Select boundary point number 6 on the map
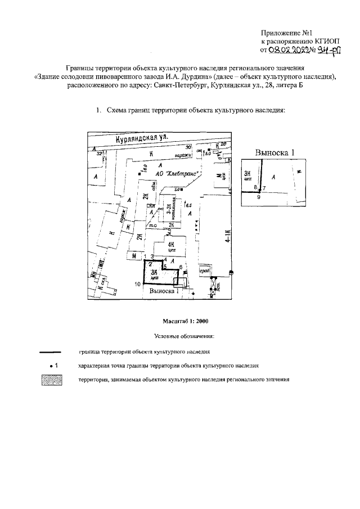click(x=181, y=267)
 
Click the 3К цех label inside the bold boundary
click(x=152, y=274)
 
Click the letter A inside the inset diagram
click(x=273, y=177)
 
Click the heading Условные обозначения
click(x=184, y=336)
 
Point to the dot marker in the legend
click(x=51, y=366)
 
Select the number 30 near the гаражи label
click(x=189, y=147)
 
